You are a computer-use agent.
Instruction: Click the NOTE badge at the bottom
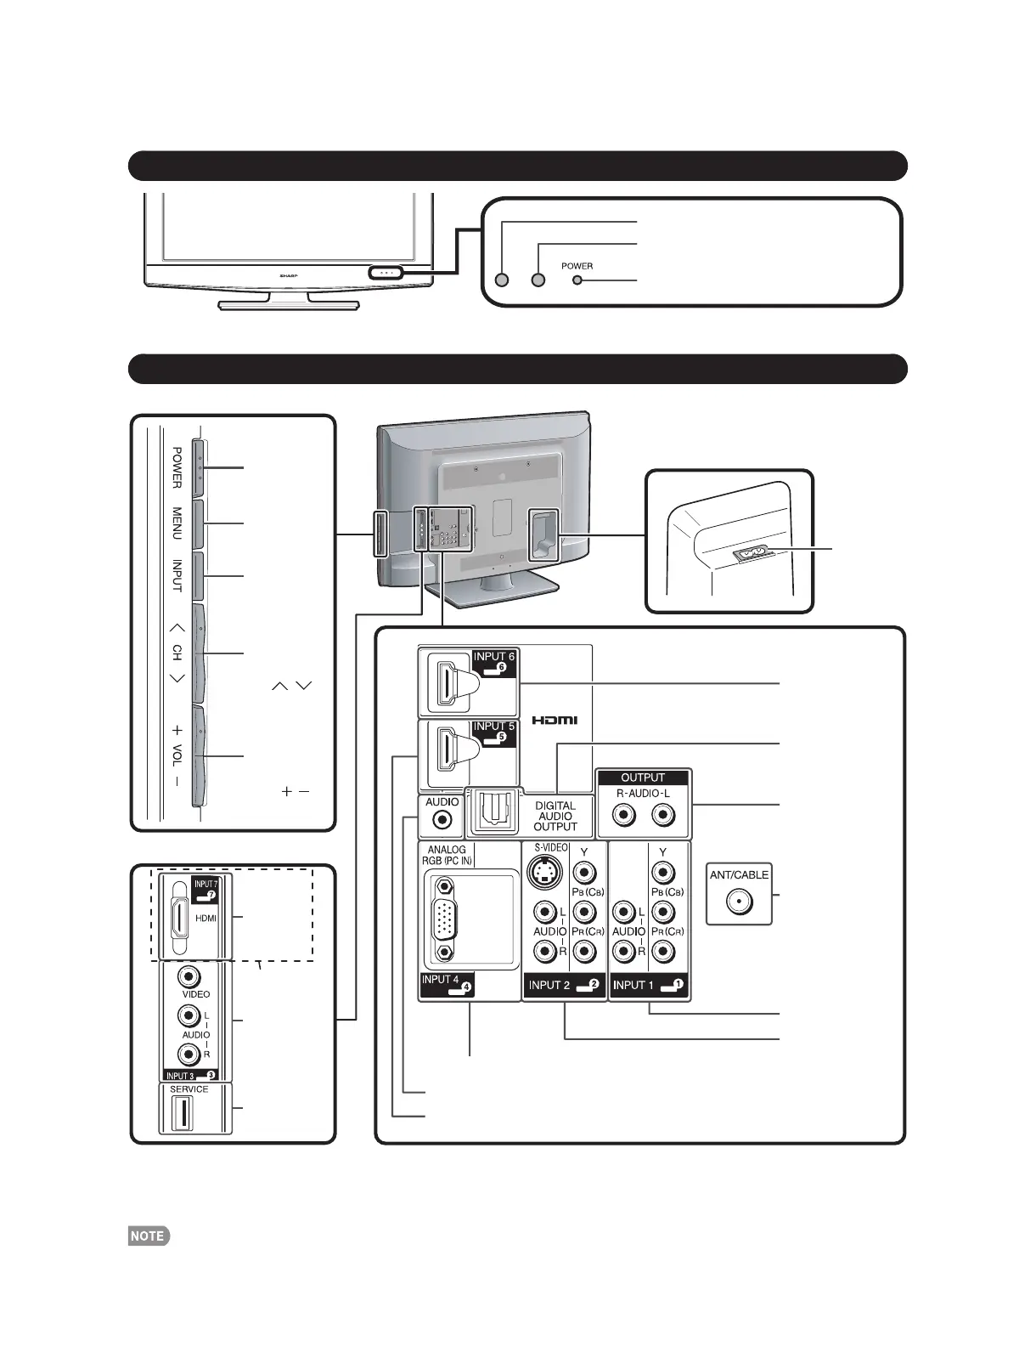(149, 1236)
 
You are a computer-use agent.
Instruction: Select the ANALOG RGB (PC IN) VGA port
(445, 919)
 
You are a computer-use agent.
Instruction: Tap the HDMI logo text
(555, 721)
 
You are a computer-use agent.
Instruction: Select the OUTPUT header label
(643, 778)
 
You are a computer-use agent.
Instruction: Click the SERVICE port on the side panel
(181, 1114)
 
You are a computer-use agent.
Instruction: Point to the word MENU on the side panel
(177, 523)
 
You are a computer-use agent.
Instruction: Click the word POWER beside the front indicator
(577, 266)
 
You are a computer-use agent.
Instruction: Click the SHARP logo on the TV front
(291, 275)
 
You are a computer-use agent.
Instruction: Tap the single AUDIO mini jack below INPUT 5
(442, 820)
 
